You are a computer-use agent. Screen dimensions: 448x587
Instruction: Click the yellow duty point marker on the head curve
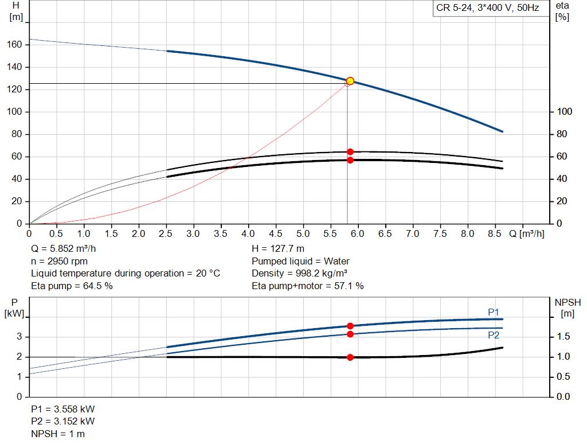350,81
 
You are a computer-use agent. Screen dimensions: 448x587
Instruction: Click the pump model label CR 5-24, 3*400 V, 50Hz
487,9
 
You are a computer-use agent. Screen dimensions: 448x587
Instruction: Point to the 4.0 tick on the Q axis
248,233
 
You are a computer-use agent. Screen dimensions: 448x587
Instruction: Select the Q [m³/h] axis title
526,233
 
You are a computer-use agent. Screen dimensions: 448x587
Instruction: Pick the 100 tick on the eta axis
564,112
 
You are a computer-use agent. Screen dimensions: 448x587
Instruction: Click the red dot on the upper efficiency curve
350,152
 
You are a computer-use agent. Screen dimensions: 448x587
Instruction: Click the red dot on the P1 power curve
350,326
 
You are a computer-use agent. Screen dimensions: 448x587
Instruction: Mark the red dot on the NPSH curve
350,357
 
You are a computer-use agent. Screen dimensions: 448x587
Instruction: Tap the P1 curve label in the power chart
494,312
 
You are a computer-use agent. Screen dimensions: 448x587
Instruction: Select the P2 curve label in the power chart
494,336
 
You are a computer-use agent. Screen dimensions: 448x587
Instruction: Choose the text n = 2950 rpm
59,262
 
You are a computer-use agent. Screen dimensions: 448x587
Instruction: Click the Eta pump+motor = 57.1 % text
307,286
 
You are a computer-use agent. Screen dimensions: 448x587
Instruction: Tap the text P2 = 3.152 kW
62,422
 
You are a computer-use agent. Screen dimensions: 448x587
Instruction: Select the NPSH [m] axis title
568,307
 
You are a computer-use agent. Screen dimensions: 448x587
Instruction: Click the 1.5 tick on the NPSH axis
563,337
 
